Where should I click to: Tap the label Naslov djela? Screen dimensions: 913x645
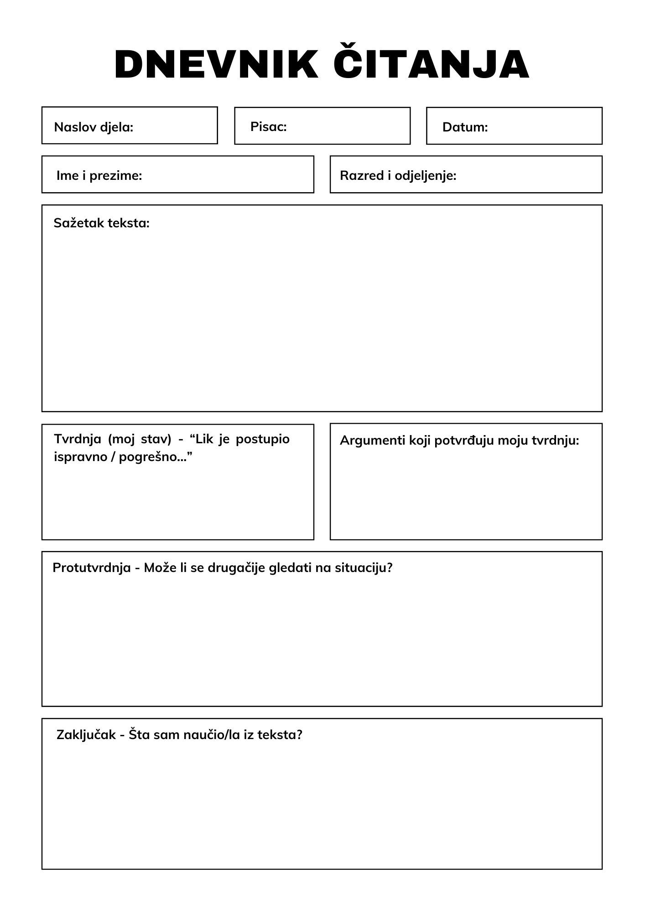click(x=94, y=127)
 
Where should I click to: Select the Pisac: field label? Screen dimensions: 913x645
click(x=268, y=126)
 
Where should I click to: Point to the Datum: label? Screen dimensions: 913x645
click(x=465, y=127)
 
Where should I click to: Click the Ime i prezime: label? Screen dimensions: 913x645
click(x=99, y=175)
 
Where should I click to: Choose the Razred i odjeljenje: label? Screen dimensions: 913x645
click(x=398, y=175)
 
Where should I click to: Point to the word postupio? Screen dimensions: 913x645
click(x=262, y=439)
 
